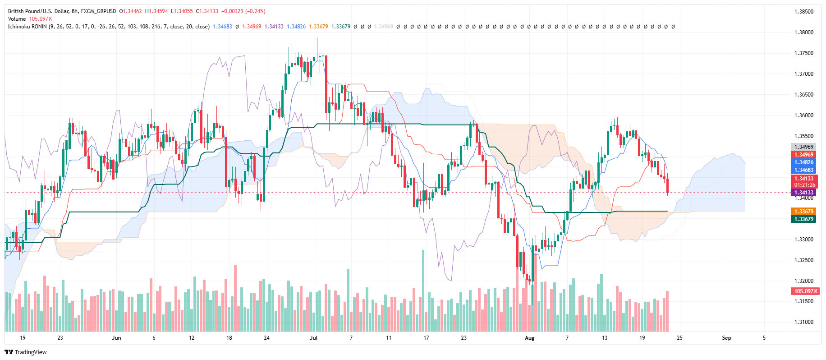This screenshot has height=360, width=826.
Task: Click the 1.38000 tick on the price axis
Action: (803, 32)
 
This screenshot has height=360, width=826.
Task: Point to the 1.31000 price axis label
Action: (803, 322)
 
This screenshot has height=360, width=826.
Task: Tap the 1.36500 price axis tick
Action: (803, 95)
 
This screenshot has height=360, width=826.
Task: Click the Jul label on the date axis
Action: (314, 338)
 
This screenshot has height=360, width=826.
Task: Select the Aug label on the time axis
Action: (529, 338)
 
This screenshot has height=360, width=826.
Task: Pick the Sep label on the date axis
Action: (726, 338)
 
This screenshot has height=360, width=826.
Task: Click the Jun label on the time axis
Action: (116, 338)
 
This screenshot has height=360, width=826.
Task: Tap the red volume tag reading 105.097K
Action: (806, 291)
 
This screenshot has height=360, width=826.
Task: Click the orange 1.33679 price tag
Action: (803, 212)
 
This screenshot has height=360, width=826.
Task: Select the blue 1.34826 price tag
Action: (803, 162)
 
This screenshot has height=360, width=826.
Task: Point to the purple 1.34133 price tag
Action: (803, 193)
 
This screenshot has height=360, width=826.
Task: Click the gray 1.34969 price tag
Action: (803, 147)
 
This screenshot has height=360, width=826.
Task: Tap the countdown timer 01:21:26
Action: (804, 185)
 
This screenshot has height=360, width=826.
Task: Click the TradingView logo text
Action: (31, 352)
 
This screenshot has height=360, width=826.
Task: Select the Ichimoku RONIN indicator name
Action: (27, 27)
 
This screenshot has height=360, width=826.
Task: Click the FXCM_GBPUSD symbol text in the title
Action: (98, 11)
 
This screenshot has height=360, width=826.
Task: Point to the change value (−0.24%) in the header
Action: (255, 11)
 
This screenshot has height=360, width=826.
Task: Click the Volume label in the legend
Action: (17, 19)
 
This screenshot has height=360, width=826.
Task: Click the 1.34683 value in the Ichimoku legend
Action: (222, 27)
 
